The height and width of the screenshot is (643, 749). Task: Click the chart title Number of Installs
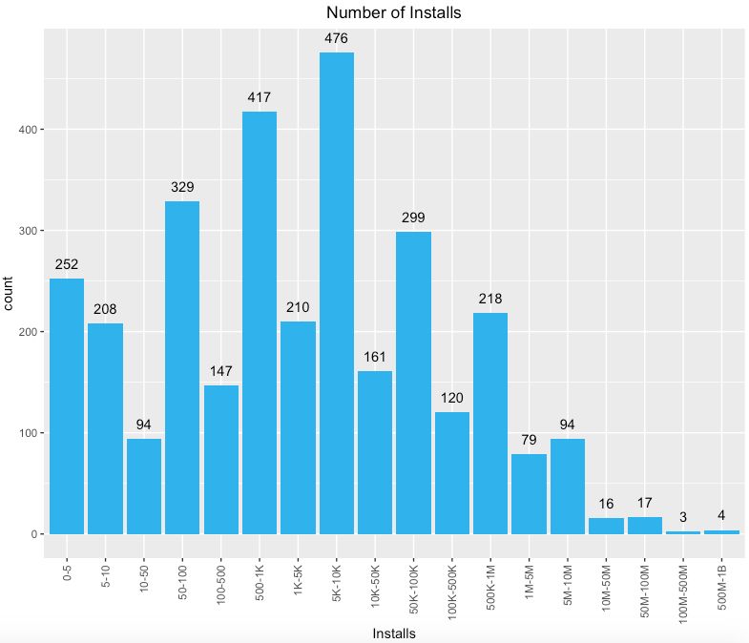point(394,12)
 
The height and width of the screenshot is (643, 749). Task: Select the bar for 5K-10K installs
point(337,293)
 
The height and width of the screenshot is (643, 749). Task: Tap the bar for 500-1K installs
point(260,322)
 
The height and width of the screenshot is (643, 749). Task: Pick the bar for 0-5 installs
point(67,406)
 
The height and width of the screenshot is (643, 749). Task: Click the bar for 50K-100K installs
point(414,383)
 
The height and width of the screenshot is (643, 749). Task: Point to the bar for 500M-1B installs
point(721,532)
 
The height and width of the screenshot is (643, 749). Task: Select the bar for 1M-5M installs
point(530,494)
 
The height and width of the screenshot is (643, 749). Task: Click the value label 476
point(336,38)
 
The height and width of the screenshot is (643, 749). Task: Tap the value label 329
point(182,187)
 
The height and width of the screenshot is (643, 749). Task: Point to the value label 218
point(490,299)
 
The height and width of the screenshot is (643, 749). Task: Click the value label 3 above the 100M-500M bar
point(683,517)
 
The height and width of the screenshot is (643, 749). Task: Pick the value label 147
point(220,371)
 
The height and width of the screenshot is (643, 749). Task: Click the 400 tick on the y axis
point(28,130)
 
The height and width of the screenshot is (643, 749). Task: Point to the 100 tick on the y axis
point(28,433)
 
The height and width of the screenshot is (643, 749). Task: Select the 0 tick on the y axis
point(34,534)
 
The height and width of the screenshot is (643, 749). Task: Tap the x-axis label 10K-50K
point(376,586)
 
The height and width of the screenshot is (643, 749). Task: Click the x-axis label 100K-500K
point(452,592)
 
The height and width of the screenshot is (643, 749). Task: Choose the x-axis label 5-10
point(106,576)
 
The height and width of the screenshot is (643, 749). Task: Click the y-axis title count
point(8,293)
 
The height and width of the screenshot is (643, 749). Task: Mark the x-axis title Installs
point(394,633)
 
